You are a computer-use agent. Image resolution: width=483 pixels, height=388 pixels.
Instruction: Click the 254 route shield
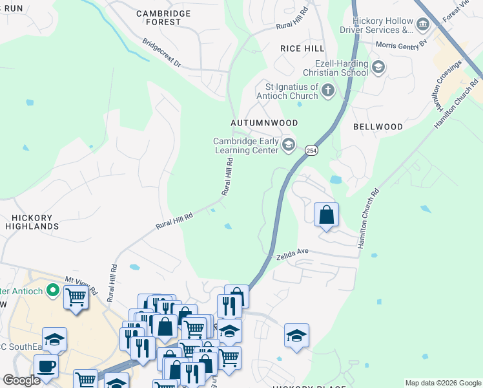(311, 148)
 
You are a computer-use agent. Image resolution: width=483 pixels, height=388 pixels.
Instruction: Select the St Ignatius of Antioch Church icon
(328, 91)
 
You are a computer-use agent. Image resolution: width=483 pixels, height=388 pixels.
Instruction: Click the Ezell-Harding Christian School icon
(378, 66)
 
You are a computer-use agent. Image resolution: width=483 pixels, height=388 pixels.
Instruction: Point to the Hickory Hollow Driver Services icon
(423, 25)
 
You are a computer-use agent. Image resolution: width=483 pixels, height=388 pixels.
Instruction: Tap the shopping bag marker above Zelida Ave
(326, 215)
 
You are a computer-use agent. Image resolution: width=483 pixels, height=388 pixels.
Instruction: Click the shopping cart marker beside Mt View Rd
(76, 298)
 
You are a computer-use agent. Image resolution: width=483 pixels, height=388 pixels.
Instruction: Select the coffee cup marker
(46, 366)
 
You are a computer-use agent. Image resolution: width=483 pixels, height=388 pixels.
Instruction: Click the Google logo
(21, 380)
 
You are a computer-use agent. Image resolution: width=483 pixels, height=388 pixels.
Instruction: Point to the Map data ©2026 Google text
(442, 383)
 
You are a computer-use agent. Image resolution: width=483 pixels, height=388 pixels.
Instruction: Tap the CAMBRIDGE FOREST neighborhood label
(163, 17)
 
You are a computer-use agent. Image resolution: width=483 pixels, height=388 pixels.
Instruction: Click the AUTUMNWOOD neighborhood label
(264, 122)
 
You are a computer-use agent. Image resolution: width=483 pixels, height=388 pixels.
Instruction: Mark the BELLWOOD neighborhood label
(378, 127)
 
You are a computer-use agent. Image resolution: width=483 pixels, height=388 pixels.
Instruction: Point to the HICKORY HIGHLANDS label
(32, 222)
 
